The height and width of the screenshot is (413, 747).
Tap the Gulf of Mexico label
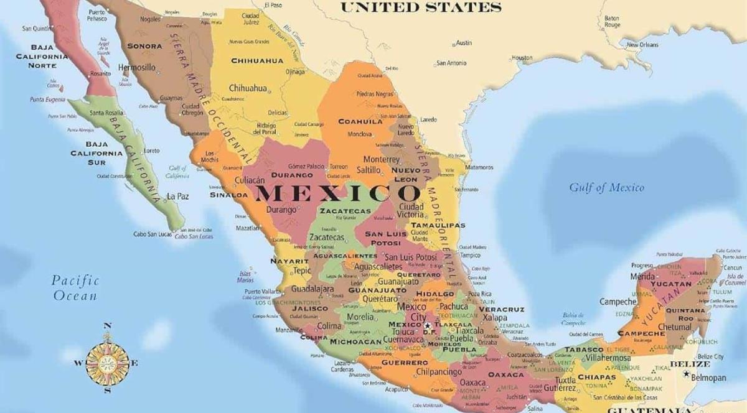point(606,187)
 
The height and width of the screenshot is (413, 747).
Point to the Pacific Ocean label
point(75,288)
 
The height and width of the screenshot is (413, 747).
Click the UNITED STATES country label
point(421,8)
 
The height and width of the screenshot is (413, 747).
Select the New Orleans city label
point(642,45)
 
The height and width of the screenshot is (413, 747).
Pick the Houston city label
point(522,58)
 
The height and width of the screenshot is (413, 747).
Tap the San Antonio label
point(451,63)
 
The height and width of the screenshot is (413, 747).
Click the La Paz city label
point(177,197)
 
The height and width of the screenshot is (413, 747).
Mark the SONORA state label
point(144,46)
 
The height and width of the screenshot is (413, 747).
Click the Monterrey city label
point(381,159)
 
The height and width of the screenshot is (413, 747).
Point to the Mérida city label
point(642,276)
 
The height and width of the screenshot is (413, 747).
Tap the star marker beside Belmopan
point(686,374)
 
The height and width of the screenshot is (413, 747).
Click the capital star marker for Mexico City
point(428,325)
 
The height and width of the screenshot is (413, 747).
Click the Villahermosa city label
point(608,358)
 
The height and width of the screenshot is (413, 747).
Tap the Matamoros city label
point(479,167)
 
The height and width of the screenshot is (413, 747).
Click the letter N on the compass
point(107,325)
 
